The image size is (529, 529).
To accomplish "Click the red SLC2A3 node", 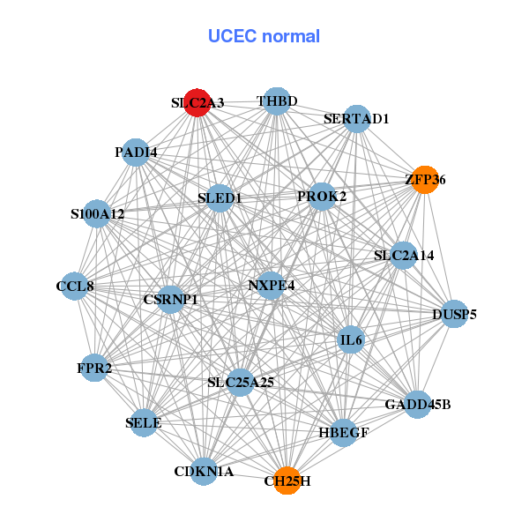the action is [x=197, y=102].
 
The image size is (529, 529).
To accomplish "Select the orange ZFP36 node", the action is [x=424, y=180].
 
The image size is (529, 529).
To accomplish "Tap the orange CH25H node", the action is [x=287, y=481].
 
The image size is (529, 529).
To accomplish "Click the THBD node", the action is [x=277, y=101].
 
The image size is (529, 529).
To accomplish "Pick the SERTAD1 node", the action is [x=356, y=118].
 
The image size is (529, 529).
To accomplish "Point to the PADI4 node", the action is [x=135, y=153].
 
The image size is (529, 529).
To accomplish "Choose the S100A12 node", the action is [x=97, y=213].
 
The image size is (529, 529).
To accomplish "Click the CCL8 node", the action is [x=75, y=286].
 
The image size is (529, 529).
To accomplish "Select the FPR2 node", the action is [x=95, y=368].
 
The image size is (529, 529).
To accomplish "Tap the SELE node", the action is [x=145, y=423].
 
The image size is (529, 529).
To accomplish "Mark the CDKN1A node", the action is [x=204, y=472].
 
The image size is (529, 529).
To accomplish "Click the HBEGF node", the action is [x=343, y=433].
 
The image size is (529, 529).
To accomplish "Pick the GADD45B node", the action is [x=417, y=405].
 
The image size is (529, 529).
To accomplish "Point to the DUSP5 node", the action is [x=453, y=314].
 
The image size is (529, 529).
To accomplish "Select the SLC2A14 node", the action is [x=403, y=256].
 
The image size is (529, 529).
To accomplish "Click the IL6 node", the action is [x=351, y=339].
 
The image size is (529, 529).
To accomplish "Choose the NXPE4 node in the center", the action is [x=271, y=285].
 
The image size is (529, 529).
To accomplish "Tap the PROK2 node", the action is [x=322, y=196].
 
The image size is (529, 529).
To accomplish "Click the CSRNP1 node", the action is [x=170, y=300].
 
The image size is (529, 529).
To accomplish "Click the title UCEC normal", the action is [x=264, y=36].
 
